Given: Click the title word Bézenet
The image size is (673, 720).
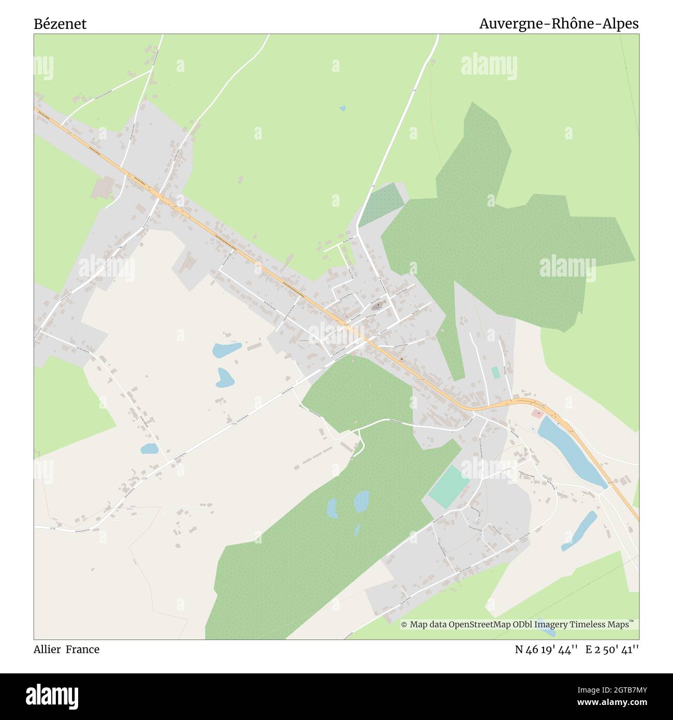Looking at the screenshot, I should pyautogui.click(x=60, y=24).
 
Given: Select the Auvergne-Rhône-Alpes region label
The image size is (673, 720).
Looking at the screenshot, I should pyautogui.click(x=559, y=24).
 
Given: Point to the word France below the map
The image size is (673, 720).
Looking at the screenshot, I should pyautogui.click(x=82, y=649).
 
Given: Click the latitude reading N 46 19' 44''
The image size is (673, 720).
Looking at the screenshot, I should pyautogui.click(x=546, y=649).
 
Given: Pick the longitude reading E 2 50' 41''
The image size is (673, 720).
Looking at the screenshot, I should pyautogui.click(x=612, y=649).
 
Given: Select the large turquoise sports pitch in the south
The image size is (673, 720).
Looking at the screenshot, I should pyautogui.click(x=449, y=486).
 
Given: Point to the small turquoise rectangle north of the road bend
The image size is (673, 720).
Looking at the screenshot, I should pyautogui.click(x=495, y=372).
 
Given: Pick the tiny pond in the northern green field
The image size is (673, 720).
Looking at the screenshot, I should pyautogui.click(x=342, y=108).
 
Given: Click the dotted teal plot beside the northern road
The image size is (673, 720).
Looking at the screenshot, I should pyautogui.click(x=382, y=204).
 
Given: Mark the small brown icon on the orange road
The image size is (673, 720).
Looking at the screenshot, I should pyautogui.click(x=402, y=359).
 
